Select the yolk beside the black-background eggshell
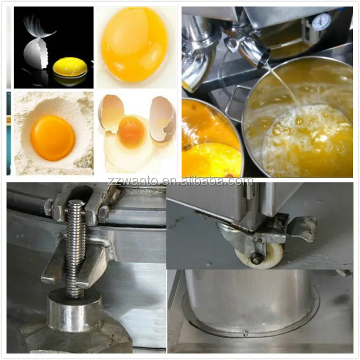pos(70,67)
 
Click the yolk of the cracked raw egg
pos(132,132)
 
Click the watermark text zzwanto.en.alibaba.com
pos(179,181)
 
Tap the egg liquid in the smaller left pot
pos(208,141)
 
